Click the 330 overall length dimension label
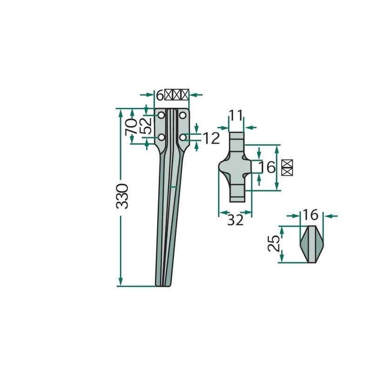click(121, 196)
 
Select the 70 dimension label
click(131, 126)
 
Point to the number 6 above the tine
click(159, 95)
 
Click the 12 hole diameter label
click(210, 138)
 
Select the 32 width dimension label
click(235, 220)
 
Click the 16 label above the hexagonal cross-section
click(310, 215)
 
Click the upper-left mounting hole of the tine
click(161, 115)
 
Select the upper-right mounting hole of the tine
click(183, 115)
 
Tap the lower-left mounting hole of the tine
click(161, 137)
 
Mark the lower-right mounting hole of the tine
click(183, 137)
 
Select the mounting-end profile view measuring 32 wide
click(235, 167)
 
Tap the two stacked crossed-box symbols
click(287, 167)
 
